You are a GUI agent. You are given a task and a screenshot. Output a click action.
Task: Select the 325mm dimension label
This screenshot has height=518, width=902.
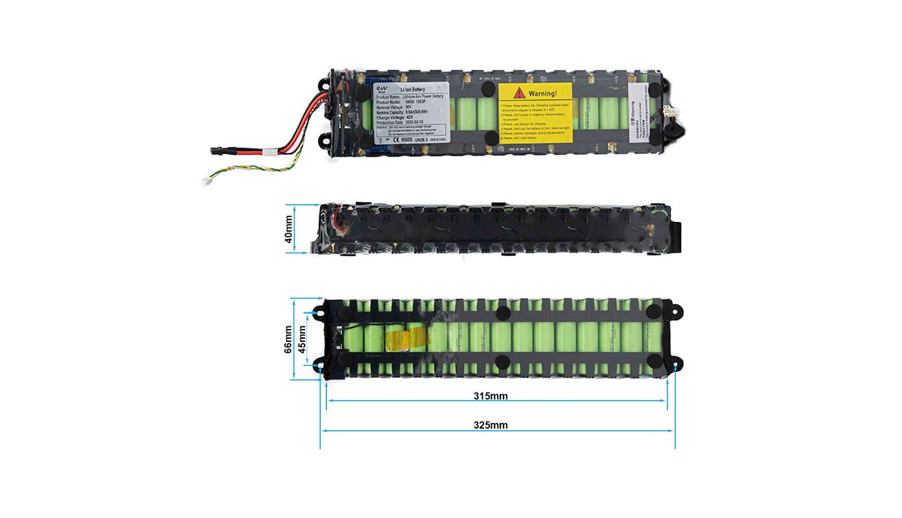tap(491, 425)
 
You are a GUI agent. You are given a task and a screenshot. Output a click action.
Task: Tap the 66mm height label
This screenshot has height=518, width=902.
tap(288, 339)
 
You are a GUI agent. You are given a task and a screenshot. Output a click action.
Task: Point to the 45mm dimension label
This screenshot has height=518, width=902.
tap(302, 339)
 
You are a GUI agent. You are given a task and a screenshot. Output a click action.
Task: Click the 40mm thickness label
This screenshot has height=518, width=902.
tap(289, 229)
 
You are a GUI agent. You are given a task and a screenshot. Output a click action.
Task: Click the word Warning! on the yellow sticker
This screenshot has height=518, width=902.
tap(542, 94)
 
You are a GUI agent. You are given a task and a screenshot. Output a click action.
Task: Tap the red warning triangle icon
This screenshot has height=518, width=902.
tap(519, 94)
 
